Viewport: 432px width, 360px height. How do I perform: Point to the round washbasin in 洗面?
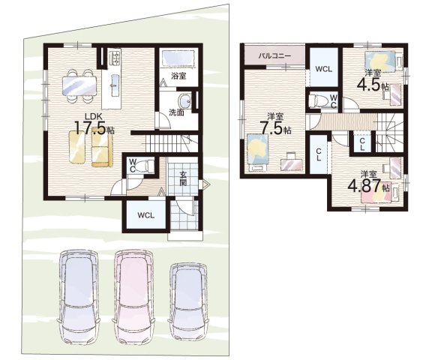point(184,101)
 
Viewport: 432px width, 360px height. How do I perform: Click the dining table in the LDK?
point(79,85)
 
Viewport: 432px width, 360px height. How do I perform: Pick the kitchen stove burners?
point(115,57)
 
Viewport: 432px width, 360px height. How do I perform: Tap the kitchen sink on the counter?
point(115,85)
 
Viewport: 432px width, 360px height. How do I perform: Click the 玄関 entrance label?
point(183,178)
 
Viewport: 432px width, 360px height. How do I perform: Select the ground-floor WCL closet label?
point(146,215)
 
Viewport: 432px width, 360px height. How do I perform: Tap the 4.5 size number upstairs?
point(369,83)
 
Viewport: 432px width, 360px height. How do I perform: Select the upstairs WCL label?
point(324,69)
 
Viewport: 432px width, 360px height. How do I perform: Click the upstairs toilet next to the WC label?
point(318,100)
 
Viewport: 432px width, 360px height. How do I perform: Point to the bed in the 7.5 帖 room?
point(258,153)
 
